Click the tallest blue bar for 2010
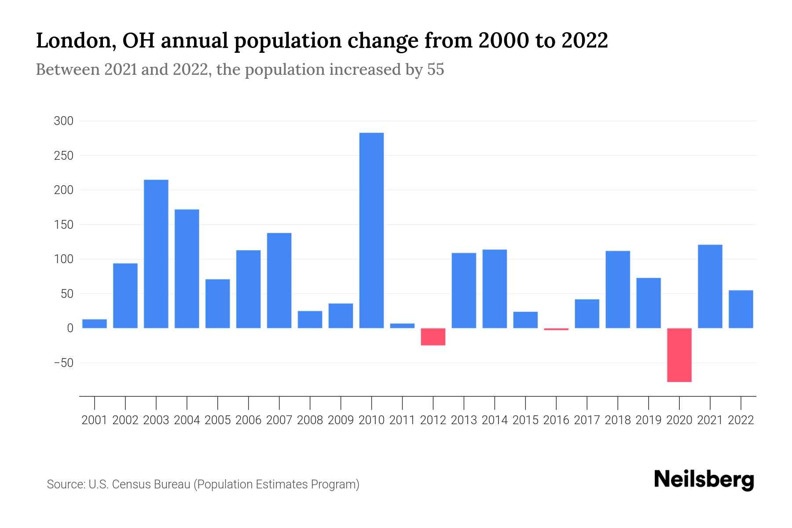pyautogui.click(x=371, y=230)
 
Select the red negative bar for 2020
pyautogui.click(x=679, y=355)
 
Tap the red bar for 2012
pyautogui.click(x=433, y=337)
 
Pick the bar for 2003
pyautogui.click(x=156, y=254)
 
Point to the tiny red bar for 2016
pyautogui.click(x=556, y=329)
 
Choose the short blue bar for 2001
pyautogui.click(x=95, y=324)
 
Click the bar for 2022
pyautogui.click(x=741, y=309)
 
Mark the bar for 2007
pyautogui.click(x=279, y=280)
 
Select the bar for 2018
pyautogui.click(x=618, y=289)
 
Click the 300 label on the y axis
pyautogui.click(x=64, y=121)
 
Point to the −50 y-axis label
pyautogui.click(x=63, y=363)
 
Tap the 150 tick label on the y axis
pyautogui.click(x=64, y=225)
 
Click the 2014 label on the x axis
pyautogui.click(x=495, y=420)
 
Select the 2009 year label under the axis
pyautogui.click(x=341, y=420)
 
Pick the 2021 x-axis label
pyautogui.click(x=710, y=420)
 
